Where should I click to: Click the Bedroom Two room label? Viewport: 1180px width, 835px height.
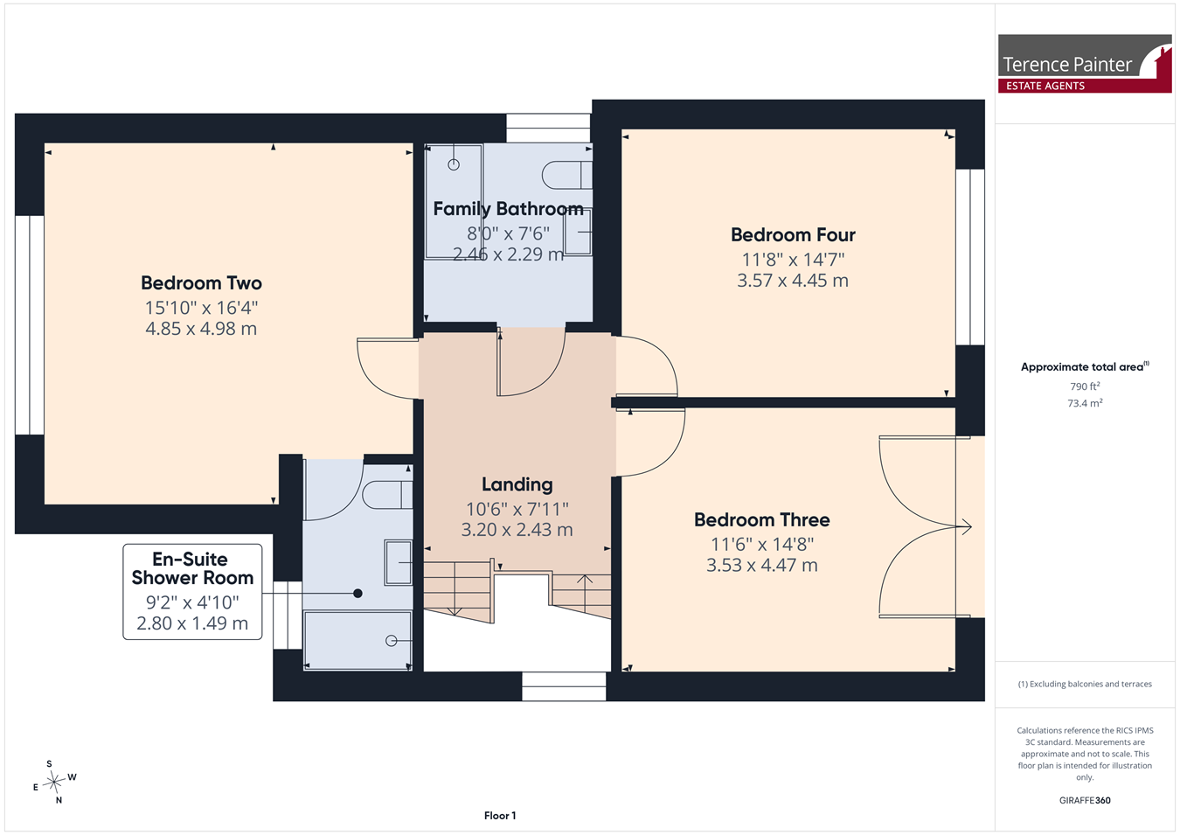(x=201, y=283)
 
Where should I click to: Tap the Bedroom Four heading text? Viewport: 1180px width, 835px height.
(x=793, y=235)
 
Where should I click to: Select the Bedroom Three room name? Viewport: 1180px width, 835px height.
(x=761, y=520)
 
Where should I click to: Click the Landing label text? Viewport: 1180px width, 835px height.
(x=517, y=484)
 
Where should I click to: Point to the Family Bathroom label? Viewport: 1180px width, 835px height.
(x=509, y=209)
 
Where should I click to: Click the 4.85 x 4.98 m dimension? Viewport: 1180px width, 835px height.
(x=201, y=329)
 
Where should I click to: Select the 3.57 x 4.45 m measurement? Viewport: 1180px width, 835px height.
(x=793, y=281)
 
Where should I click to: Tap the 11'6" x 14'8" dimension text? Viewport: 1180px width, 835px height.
(x=762, y=544)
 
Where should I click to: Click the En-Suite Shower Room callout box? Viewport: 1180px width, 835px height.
(x=192, y=592)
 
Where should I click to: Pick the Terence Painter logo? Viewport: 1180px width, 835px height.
(x=1085, y=64)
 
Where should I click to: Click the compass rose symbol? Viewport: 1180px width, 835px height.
(x=54, y=783)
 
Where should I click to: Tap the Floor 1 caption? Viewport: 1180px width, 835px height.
(x=500, y=816)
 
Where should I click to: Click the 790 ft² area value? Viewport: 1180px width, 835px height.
(x=1085, y=386)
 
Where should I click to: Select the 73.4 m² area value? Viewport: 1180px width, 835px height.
(x=1085, y=403)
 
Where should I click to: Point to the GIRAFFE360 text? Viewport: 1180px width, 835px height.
(x=1085, y=800)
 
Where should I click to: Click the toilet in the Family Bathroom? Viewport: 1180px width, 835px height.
(x=566, y=175)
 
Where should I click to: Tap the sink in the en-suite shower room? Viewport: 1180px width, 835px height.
(x=398, y=562)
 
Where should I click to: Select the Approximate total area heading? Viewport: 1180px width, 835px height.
(x=1085, y=366)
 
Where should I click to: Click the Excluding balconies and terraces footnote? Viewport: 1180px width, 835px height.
(x=1085, y=684)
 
